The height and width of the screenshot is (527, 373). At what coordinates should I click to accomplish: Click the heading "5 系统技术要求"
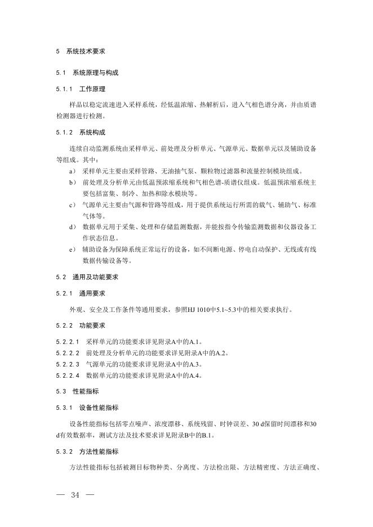[x=81, y=51]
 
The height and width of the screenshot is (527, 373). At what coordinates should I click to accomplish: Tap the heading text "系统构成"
[x=92, y=133]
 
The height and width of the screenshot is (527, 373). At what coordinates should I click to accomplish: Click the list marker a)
[x=72, y=171]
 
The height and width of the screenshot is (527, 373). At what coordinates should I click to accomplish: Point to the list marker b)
[x=72, y=182]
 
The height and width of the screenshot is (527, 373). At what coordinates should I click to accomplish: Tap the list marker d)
[x=72, y=227]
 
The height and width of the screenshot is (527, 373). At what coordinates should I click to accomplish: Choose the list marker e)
[x=72, y=249]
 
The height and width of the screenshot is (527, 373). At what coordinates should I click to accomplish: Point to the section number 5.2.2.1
[x=68, y=342]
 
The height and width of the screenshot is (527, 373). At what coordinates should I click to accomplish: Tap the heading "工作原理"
[x=92, y=89]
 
